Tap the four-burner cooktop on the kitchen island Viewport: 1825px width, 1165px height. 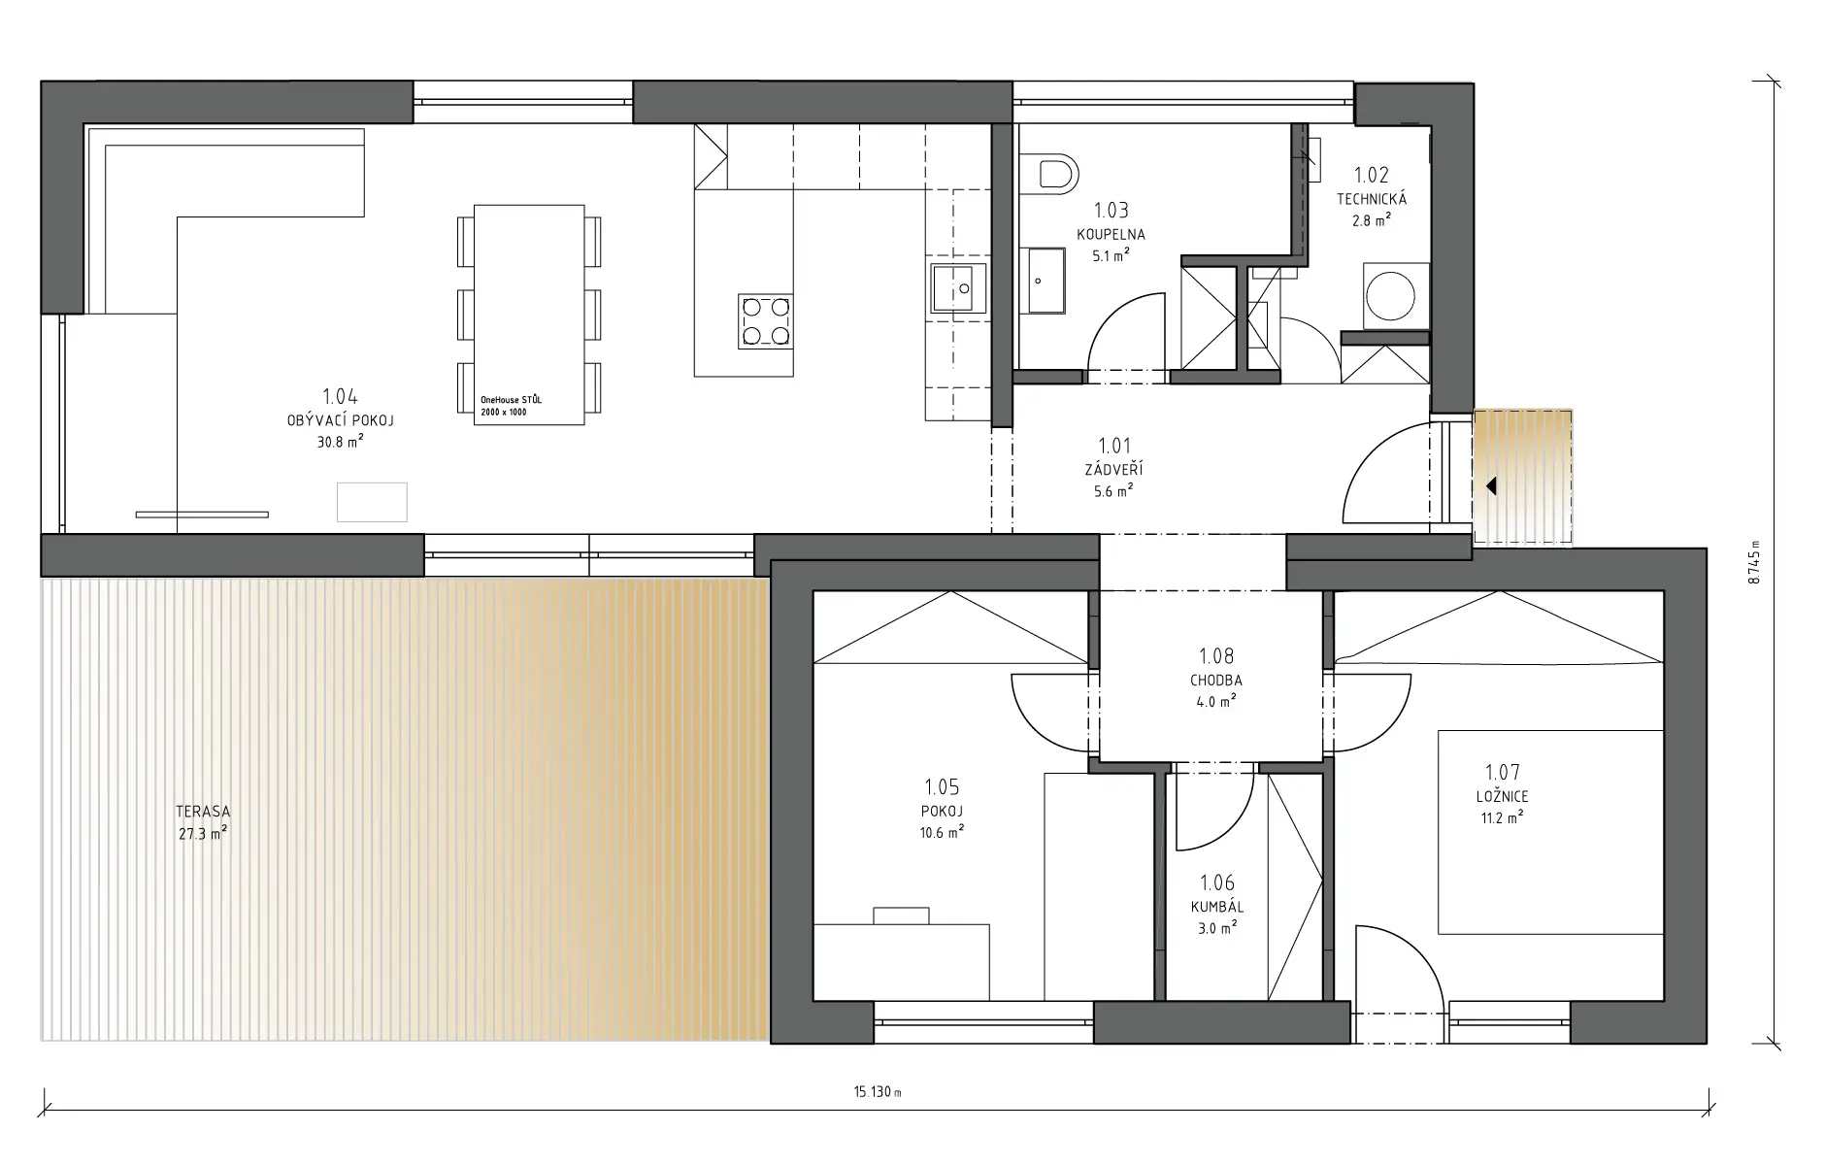(765, 321)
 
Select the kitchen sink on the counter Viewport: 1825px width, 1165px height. (958, 288)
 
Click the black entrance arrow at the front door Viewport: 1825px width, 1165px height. (1490, 485)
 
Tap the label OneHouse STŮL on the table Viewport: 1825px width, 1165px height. (512, 400)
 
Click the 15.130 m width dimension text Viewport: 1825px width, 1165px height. (878, 1092)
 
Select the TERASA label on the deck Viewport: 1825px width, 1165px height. (203, 812)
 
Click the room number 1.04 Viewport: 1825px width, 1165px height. (340, 396)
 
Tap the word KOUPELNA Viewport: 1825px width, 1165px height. (1111, 234)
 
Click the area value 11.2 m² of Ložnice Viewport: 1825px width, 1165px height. (1502, 817)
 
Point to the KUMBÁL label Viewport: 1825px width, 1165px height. (1217, 907)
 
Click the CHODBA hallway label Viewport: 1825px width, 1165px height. (1216, 681)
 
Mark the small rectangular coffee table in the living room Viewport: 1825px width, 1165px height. (372, 502)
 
